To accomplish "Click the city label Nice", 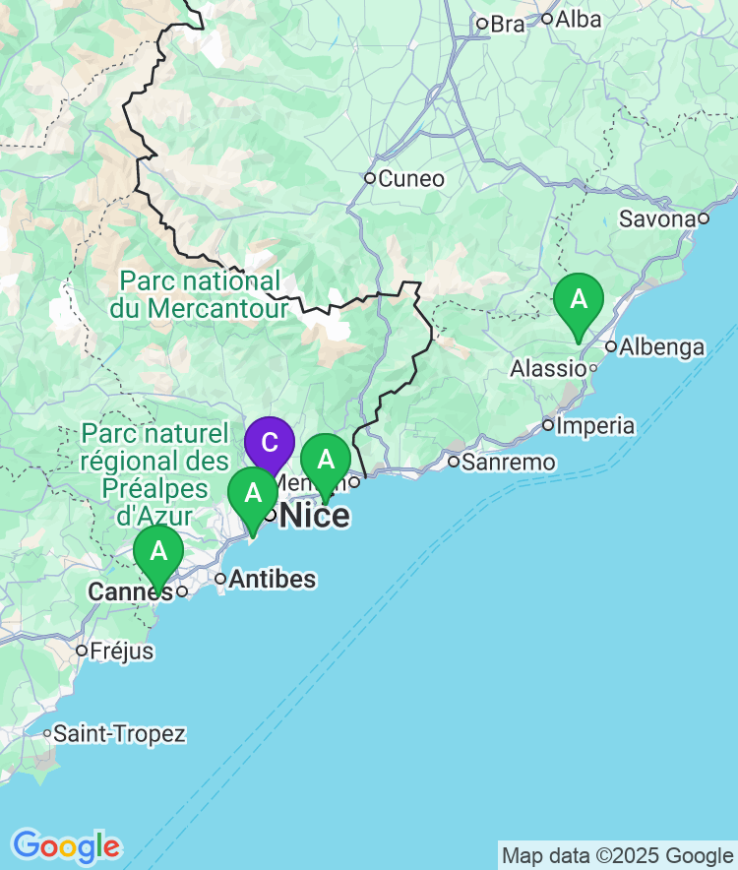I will tap(315, 515).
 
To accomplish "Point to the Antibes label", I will tap(273, 579).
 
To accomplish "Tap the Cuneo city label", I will tap(411, 179).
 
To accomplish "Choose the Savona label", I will tap(657, 218).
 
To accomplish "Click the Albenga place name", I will tap(662, 346).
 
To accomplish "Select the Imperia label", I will tap(595, 426).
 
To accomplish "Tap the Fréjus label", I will tap(121, 651).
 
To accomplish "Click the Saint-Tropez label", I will tap(119, 733).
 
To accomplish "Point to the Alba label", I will tap(579, 19).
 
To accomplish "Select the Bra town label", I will tap(508, 24).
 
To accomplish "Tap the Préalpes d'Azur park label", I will tap(156, 473).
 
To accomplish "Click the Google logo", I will tap(66, 845).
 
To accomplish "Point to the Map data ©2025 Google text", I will tap(617, 855).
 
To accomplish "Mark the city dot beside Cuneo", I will tap(370, 178).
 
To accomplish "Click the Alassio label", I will tap(547, 368).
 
